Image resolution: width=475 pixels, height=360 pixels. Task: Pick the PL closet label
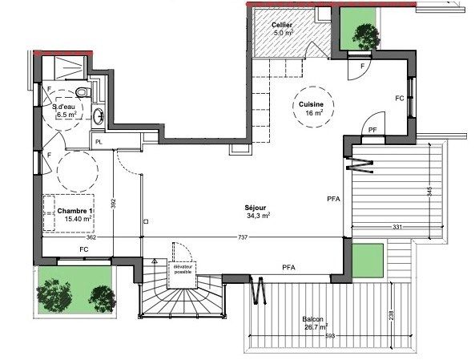[98, 142]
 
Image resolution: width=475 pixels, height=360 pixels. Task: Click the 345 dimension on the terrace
[430, 192]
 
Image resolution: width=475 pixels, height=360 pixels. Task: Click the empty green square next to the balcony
[368, 259]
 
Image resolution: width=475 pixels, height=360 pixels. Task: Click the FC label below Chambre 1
[83, 249]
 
